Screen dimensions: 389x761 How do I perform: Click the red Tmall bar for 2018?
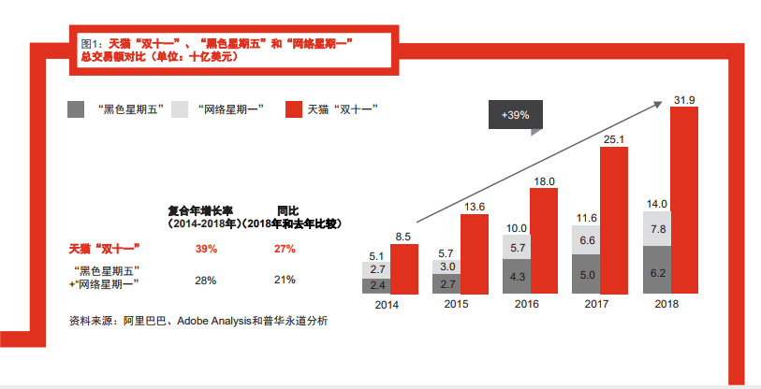point(685,200)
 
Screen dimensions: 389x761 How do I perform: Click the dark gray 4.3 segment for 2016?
point(517,278)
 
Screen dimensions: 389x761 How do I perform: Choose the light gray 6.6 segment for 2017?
point(586,240)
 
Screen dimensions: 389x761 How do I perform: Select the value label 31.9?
point(684,99)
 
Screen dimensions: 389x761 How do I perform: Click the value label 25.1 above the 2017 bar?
point(614,139)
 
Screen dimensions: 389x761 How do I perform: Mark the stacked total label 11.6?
point(587,218)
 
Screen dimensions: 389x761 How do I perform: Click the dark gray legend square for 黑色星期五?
point(77,109)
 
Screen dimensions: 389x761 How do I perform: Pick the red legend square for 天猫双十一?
point(291,109)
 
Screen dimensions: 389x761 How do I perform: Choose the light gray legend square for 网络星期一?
point(183,109)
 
